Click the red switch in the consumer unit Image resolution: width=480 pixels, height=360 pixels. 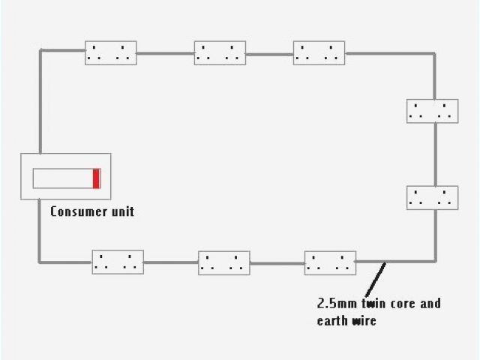point(97,178)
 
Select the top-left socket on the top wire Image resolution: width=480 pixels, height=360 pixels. point(111,52)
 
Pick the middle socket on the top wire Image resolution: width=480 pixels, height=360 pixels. point(220,52)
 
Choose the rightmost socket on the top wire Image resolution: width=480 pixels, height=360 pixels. point(319,52)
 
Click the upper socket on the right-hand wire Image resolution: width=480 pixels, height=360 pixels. point(432,111)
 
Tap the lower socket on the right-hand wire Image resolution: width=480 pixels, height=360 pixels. point(432,198)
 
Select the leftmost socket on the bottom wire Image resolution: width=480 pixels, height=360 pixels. point(118,262)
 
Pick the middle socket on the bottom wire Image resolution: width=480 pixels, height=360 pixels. point(224,263)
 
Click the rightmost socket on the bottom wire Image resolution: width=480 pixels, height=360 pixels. point(330,263)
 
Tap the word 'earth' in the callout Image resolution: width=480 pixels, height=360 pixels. point(334,321)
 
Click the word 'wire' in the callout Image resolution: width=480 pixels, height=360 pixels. point(365,321)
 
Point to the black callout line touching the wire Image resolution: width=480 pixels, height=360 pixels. point(375,279)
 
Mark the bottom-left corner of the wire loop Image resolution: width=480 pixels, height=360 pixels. point(40,262)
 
